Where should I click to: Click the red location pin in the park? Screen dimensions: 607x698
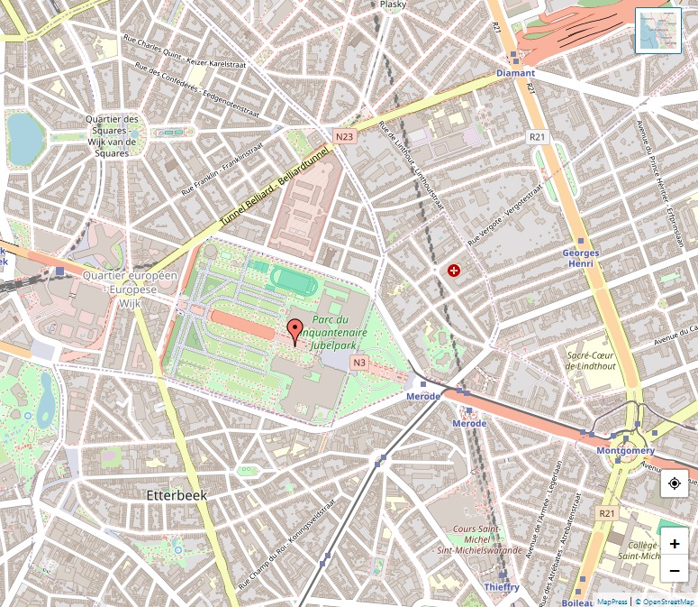[295, 331]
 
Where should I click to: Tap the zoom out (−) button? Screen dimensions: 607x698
[675, 570]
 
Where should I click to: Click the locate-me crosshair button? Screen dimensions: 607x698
[675, 484]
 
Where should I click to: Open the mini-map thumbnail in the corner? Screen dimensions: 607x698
[657, 31]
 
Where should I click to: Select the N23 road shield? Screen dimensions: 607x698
[344, 136]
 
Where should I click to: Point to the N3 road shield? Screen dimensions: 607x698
[359, 363]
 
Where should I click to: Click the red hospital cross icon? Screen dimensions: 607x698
[454, 271]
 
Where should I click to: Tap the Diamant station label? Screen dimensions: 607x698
[515, 73]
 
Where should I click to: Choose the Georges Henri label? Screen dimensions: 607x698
[581, 259]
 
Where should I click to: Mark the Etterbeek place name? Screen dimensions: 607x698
[177, 495]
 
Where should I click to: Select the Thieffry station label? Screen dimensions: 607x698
[502, 587]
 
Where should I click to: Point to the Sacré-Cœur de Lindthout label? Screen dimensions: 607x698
[591, 361]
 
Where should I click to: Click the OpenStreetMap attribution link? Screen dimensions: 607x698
[666, 601]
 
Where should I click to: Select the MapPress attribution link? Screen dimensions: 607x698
[612, 601]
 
